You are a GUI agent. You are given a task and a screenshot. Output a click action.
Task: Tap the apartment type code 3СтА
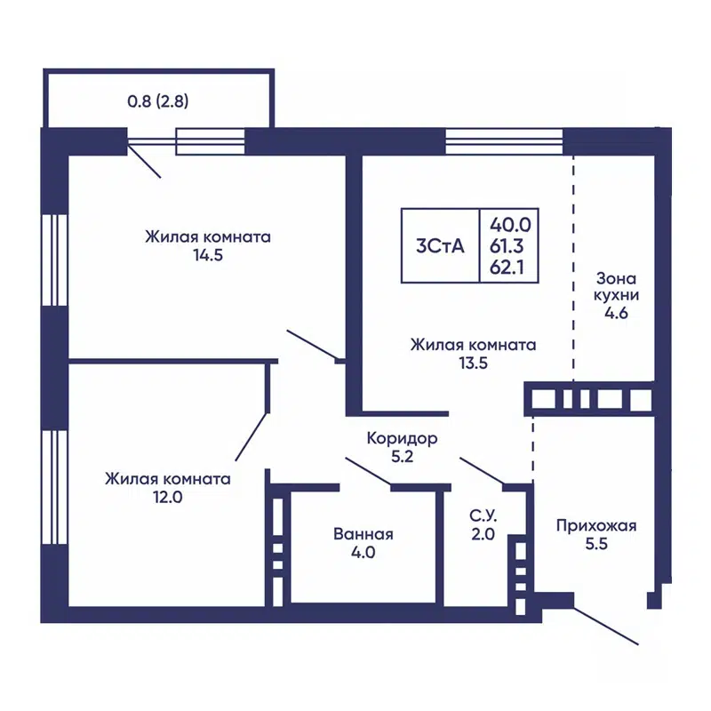440,246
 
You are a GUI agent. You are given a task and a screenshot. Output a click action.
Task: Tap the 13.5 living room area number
473,363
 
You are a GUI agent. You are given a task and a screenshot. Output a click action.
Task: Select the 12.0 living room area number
167,498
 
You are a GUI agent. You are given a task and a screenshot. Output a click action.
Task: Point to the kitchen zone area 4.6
617,313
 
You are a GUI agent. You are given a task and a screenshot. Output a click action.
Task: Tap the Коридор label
403,438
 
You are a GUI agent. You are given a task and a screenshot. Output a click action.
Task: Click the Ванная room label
363,534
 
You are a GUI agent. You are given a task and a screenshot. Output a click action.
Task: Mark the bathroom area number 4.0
363,553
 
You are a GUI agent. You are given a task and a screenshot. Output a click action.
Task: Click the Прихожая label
596,525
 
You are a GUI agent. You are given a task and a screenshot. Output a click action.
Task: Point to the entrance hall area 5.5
596,546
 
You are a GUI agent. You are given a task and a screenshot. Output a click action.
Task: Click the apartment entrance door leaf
606,625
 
